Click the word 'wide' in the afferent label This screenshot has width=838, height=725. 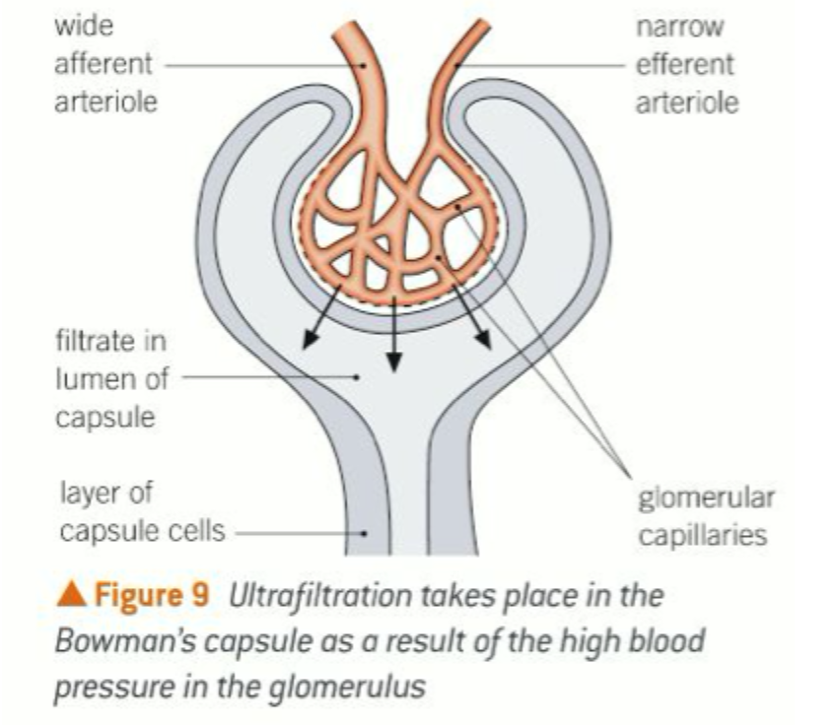coord(79,27)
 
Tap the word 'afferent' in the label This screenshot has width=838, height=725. coord(104,64)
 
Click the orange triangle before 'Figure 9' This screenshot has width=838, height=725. coord(72,596)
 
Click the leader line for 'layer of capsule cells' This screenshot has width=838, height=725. coord(296,533)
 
